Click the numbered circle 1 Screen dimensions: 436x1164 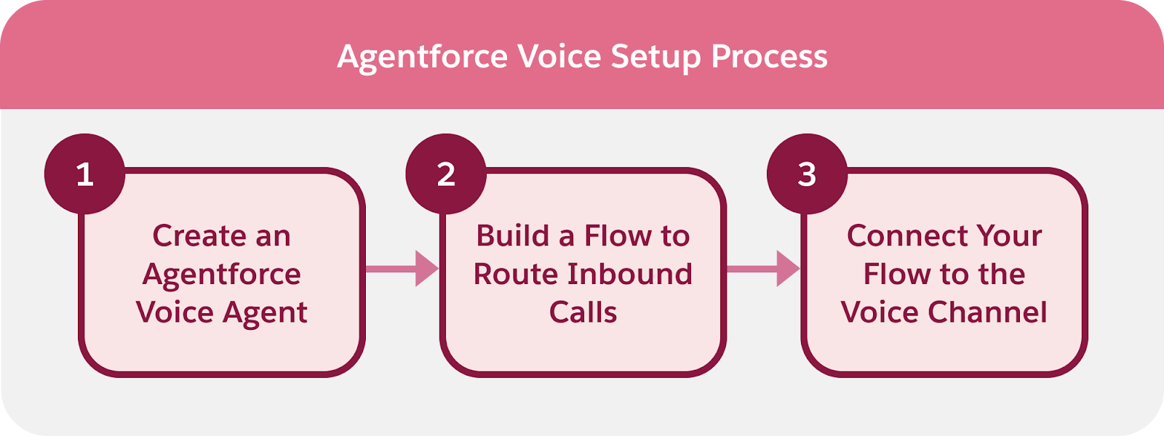point(84,174)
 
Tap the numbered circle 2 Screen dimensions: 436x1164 point(445,174)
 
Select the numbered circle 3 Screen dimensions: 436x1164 point(807,174)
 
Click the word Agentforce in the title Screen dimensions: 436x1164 point(422,57)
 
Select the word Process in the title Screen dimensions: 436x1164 point(769,57)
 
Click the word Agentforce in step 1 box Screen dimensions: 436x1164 point(222,275)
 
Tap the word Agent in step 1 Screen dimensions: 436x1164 point(265,313)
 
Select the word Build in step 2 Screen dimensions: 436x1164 point(512,235)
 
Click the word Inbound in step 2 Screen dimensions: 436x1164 point(629,274)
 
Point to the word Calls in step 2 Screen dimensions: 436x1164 point(583,312)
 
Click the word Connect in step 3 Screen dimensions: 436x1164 point(906,235)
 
